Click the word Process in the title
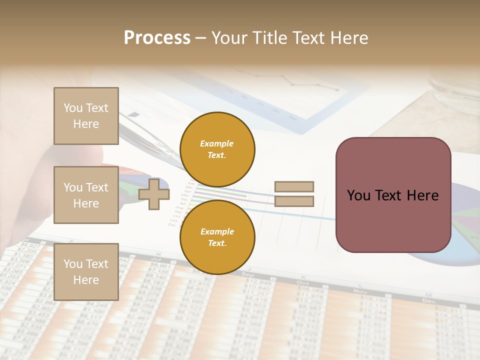(x=157, y=38)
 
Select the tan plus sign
(x=154, y=193)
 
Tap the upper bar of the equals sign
(x=294, y=186)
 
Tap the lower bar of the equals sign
(x=294, y=201)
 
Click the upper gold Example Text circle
(x=217, y=149)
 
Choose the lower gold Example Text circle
(x=217, y=237)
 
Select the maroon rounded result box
(x=393, y=195)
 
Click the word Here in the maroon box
(x=422, y=195)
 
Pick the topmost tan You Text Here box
(x=86, y=116)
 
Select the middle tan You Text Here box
(x=86, y=195)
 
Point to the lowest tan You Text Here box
(x=86, y=271)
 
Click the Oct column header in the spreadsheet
(x=302, y=282)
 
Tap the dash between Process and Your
(x=201, y=38)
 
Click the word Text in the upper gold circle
(x=216, y=155)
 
